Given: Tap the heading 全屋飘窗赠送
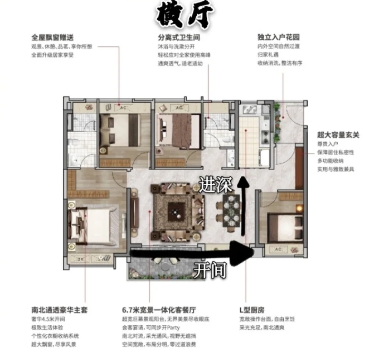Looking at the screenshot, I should coord(52,38).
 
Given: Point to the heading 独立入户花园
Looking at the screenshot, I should coord(278,38).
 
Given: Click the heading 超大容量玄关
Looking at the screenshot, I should coord(338,135).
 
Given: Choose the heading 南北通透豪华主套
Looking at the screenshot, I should coord(59,310).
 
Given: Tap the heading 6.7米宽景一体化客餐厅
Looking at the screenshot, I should coord(161,310).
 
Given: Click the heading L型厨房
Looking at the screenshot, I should coord(252,310).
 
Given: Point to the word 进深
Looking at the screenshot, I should coord(215,185).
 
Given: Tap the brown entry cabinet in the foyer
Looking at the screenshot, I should coord(299,168).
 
